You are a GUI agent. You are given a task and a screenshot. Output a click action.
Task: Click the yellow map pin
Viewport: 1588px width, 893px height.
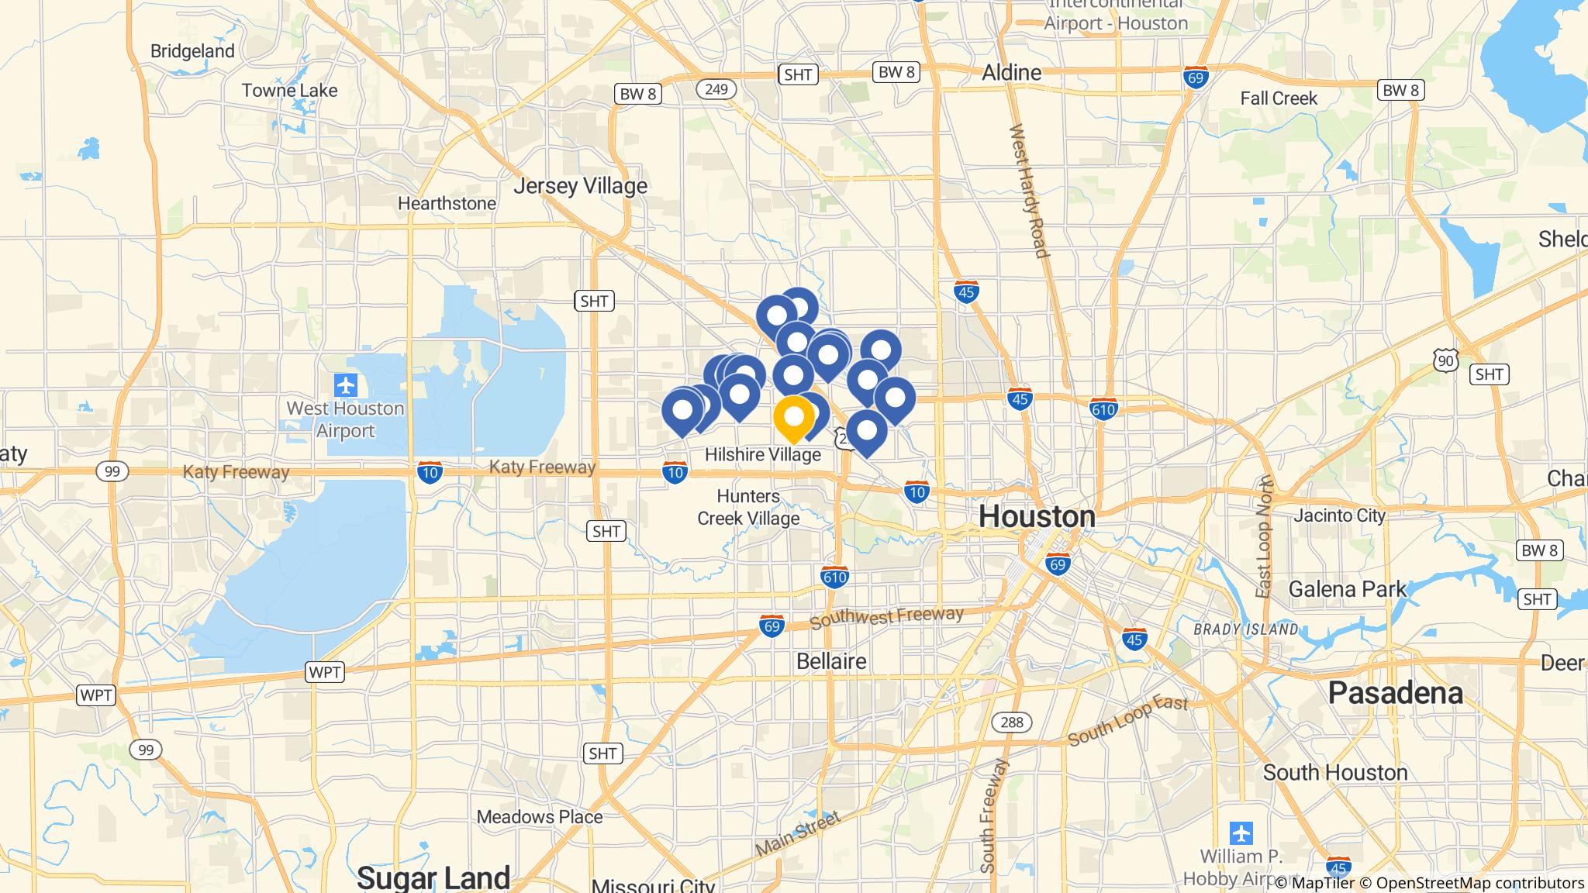pos(793,418)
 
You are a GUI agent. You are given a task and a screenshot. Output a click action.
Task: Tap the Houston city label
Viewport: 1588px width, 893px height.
pos(1037,516)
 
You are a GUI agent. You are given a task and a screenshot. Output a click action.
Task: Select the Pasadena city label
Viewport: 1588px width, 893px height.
pos(1395,692)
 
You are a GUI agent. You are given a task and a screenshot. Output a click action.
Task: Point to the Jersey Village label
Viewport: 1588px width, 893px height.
pos(580,186)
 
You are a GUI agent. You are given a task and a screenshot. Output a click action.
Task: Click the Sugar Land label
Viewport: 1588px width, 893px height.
pos(433,877)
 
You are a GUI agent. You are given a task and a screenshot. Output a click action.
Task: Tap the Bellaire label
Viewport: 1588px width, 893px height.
pos(831,661)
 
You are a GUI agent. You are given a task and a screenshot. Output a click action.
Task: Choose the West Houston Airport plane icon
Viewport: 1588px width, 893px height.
pos(346,384)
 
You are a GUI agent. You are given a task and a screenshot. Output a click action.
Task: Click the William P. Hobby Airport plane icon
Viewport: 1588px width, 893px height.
pos(1241,834)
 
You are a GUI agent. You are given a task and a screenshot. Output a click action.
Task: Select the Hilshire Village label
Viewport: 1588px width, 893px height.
pos(762,454)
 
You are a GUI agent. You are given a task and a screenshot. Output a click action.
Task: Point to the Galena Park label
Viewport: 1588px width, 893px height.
pos(1347,589)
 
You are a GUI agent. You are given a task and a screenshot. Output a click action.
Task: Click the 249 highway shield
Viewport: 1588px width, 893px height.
pos(716,89)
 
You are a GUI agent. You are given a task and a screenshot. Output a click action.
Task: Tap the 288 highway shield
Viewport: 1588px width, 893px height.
pos(1011,722)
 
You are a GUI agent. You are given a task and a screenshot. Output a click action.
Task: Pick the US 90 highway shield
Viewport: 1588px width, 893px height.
pos(1445,360)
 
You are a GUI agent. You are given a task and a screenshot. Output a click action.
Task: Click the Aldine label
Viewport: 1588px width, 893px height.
pos(1011,73)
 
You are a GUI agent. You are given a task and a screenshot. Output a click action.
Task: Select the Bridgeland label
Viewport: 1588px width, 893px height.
pos(192,51)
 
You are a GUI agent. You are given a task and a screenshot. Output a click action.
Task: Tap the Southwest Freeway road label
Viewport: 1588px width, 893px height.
pos(885,618)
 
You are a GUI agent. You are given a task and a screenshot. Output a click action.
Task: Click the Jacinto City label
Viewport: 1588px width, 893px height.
pos(1339,515)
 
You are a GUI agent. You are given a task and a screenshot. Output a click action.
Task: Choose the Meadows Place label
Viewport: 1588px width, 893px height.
pos(539,816)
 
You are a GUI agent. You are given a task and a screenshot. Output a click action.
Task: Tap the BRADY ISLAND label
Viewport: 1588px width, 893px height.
pos(1245,629)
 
